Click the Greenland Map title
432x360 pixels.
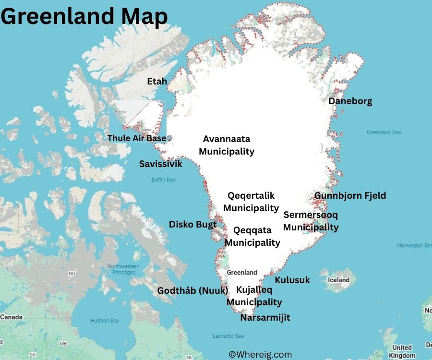[x=84, y=16]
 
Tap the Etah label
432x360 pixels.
[x=157, y=81]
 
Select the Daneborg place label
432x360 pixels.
[x=350, y=101]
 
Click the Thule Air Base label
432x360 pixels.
[x=137, y=138]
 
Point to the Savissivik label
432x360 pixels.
[x=161, y=164]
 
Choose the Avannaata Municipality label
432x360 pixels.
[x=227, y=145]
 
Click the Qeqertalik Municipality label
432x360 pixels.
[x=251, y=202]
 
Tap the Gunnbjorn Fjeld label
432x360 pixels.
[x=350, y=195]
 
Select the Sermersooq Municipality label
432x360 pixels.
[x=311, y=221]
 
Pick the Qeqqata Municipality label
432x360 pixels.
[x=252, y=236]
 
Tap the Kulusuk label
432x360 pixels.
[x=292, y=280]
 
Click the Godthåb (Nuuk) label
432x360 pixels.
[x=193, y=290]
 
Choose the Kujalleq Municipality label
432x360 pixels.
[x=254, y=296]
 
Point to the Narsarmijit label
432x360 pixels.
[x=265, y=318]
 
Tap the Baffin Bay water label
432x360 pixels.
[x=164, y=180]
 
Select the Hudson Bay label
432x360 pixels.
[x=105, y=321]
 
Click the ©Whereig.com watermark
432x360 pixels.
[x=260, y=355]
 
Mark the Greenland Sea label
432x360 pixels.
[x=384, y=132]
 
